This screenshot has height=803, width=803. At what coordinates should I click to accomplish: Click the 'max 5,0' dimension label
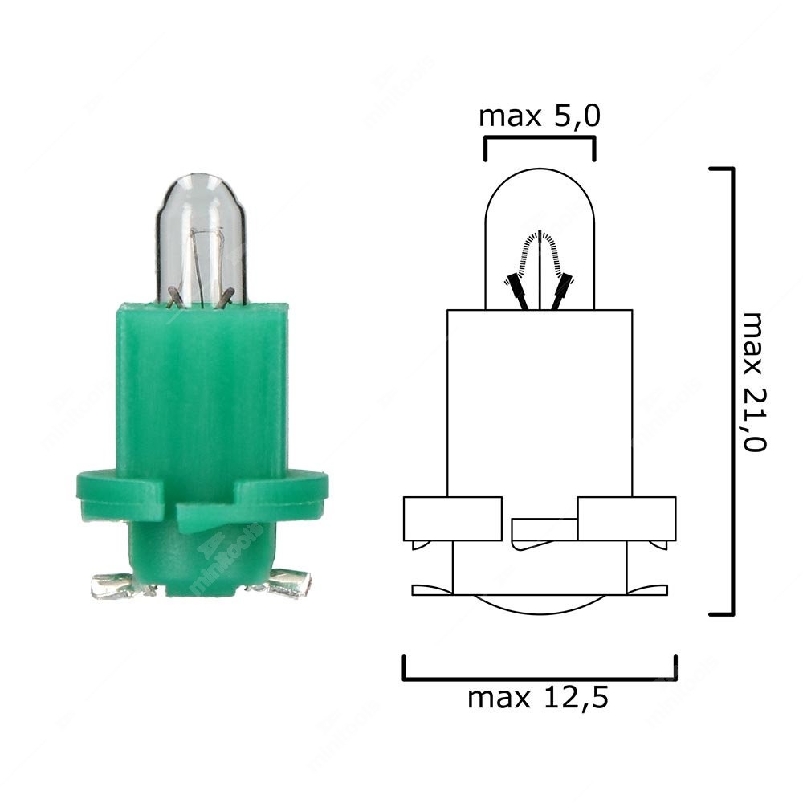pos(539,116)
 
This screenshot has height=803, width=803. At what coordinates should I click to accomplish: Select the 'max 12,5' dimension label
pos(538,698)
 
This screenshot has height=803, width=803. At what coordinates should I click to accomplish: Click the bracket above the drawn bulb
pos(539,141)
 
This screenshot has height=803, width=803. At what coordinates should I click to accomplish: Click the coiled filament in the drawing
pos(540,249)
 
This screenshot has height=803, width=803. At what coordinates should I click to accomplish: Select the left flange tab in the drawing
pos(450,518)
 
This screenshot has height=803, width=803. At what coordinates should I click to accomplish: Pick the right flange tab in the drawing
pos(626,518)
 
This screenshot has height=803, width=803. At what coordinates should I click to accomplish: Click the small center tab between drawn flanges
pos(544,529)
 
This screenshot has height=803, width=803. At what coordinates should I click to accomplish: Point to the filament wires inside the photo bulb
pos(201,269)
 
